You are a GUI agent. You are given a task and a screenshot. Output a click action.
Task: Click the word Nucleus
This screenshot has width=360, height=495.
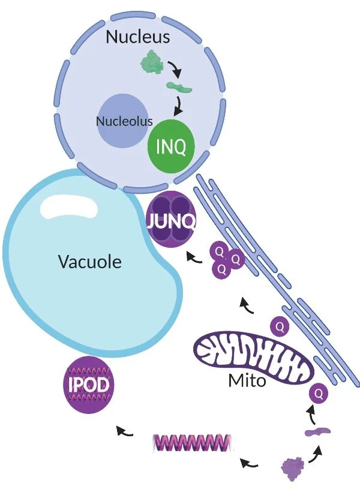click(x=137, y=37)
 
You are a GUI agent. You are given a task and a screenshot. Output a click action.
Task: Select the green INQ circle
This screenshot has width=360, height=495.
click(x=171, y=147)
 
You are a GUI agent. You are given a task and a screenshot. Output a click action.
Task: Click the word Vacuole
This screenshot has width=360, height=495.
click(x=89, y=262)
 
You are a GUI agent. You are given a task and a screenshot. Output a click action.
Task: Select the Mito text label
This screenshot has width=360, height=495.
click(x=247, y=380)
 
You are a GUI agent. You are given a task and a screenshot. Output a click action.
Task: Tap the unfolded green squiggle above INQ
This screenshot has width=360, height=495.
click(x=179, y=89)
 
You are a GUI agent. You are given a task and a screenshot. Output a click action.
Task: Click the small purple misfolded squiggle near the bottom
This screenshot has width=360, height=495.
click(x=317, y=431)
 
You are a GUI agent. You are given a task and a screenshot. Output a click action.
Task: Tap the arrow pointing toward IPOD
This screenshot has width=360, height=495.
click(x=124, y=430)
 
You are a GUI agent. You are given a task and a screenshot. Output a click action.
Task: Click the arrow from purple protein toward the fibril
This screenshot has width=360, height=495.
click(x=250, y=463)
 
